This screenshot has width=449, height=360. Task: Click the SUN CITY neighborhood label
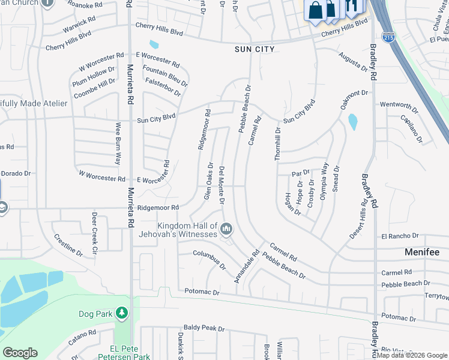click(x=254, y=49)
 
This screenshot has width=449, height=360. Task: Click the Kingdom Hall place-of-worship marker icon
click(x=226, y=228)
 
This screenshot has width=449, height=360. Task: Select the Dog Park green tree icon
click(x=122, y=313)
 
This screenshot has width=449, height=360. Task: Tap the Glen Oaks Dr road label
click(x=208, y=181)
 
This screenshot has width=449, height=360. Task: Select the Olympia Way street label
click(x=325, y=179)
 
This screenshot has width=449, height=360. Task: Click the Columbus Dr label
click(x=209, y=259)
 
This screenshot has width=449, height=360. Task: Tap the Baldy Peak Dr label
click(x=204, y=329)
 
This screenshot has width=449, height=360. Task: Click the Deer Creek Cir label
click(x=94, y=228)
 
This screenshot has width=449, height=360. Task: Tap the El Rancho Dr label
click(x=399, y=236)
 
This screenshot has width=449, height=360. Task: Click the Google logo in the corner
click(x=20, y=353)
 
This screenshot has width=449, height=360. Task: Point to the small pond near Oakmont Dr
click(x=353, y=122)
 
